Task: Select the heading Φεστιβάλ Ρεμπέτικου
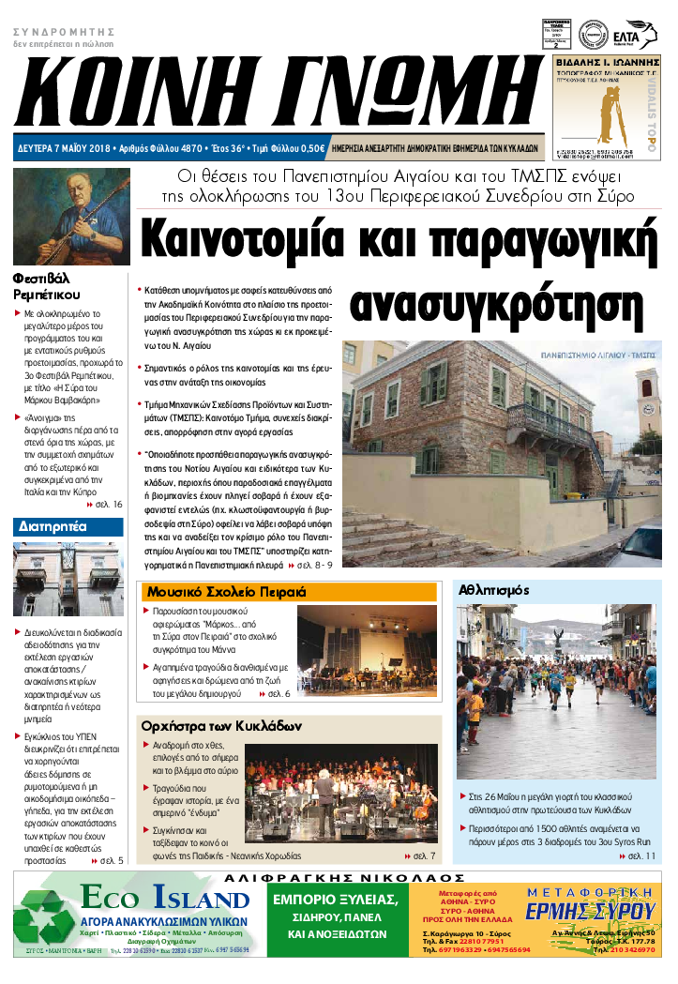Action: pyautogui.click(x=56, y=286)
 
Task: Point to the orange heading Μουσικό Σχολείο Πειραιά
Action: pyautogui.click(x=225, y=593)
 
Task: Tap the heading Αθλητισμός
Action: pyautogui.click(x=493, y=591)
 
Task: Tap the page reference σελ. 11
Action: pyautogui.click(x=640, y=855)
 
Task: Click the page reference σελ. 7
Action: pyautogui.click(x=425, y=856)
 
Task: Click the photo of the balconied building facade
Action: pyautogui.click(x=68, y=579)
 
